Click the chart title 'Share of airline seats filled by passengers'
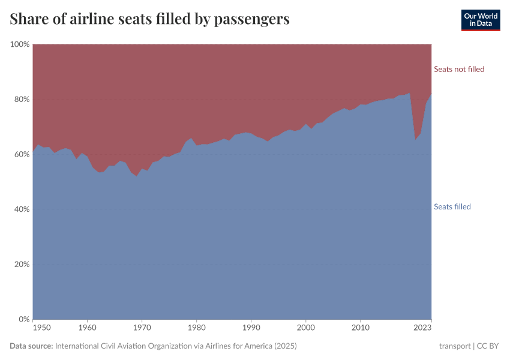pos(150,19)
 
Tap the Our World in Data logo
pos(480,20)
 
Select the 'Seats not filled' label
pos(459,69)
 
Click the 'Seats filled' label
pos(452,207)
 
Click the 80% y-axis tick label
pos(21,100)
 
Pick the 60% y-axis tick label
pos(21,154)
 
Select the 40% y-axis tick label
pos(21,209)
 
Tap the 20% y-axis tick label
pos(21,265)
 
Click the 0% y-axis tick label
pos(23,319)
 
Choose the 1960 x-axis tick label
pos(88,328)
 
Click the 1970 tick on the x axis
pos(142,328)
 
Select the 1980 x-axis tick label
pos(196,328)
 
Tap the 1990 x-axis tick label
pos(251,328)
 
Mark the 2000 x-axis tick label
pos(305,328)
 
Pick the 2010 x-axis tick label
pos(360,328)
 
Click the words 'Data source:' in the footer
pos(31,346)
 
